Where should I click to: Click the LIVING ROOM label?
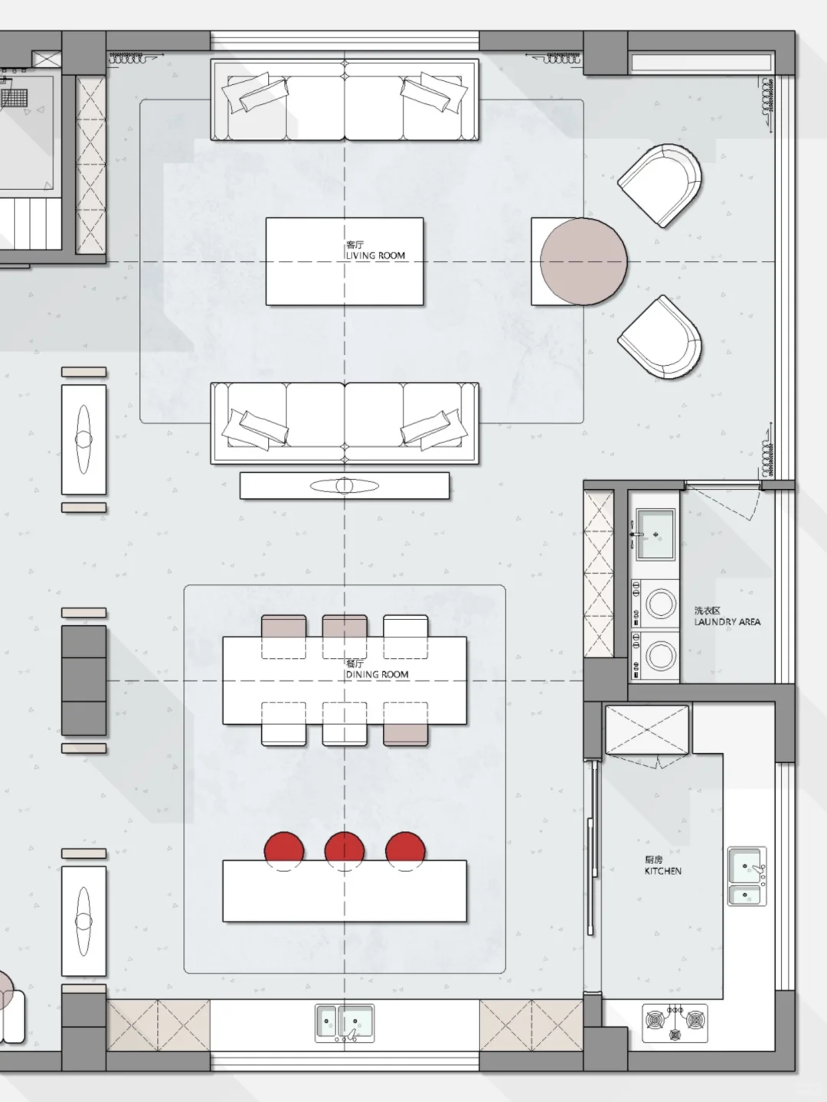tap(375, 256)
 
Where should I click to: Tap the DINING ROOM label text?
tap(377, 675)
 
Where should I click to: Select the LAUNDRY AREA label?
tap(727, 622)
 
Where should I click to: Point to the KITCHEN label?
tap(663, 871)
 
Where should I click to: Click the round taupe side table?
tap(583, 262)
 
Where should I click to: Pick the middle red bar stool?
tap(345, 850)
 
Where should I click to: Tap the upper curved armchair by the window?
tap(660, 185)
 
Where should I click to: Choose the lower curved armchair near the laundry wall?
tap(660, 337)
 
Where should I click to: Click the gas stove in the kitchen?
tap(675, 1023)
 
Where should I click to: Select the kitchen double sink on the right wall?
tap(747, 876)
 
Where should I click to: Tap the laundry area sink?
tap(655, 534)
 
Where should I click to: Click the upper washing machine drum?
tap(660, 604)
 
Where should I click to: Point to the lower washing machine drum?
tap(660, 656)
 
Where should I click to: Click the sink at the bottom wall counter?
tap(345, 1023)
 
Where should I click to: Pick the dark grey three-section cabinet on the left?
tap(84, 680)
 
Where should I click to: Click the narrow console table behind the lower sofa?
tap(345, 485)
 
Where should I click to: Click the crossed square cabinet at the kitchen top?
tap(647, 729)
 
